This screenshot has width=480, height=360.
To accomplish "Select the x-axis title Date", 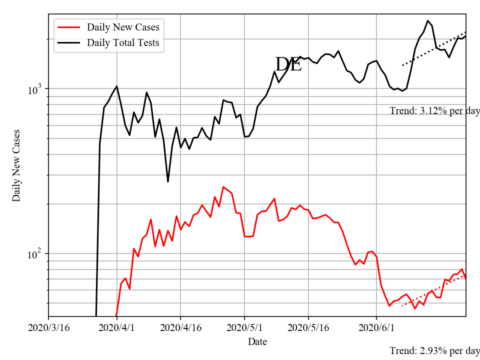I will tap(257, 342).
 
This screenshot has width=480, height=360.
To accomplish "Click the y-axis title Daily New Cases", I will tap(16, 165).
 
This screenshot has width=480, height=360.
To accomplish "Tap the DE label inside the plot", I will tap(288, 64).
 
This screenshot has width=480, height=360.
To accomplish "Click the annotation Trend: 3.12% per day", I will tap(434, 111).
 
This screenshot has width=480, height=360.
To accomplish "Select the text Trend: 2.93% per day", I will tap(434, 351).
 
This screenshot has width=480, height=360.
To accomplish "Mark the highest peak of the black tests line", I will tap(427, 21).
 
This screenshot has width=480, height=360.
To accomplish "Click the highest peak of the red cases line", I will tap(223, 187).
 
